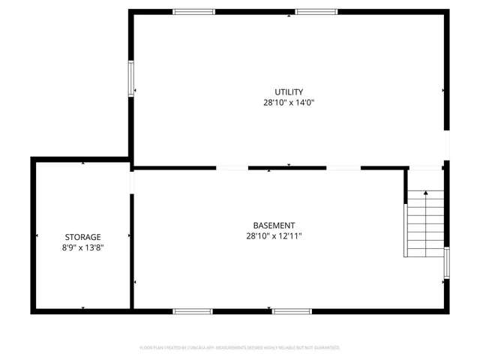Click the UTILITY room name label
[x=289, y=91]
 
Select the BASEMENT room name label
[x=274, y=225]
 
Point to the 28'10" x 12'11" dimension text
[x=274, y=235]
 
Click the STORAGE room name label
[x=82, y=236]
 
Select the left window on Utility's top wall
[x=193, y=12]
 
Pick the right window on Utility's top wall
[x=316, y=12]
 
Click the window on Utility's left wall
[x=131, y=79]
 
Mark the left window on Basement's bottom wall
[x=193, y=310]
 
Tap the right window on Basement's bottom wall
[x=292, y=310]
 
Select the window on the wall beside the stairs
[x=446, y=264]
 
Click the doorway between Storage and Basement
[x=131, y=182]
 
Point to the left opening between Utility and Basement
[x=232, y=167]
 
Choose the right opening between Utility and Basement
[x=343, y=167]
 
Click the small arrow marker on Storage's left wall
[x=36, y=237]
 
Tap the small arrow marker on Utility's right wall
[x=443, y=90]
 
